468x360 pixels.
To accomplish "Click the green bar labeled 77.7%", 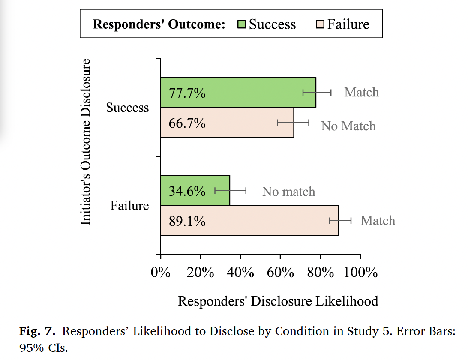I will (x=238, y=92).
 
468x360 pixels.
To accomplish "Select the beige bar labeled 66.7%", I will (x=227, y=123).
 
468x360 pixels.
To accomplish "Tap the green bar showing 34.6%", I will (x=195, y=190).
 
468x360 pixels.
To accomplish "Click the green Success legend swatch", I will (x=242, y=24).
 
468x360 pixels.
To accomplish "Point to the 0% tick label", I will (x=161, y=272).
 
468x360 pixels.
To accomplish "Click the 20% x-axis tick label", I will (x=201, y=272).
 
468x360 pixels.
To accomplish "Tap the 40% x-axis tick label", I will (x=240, y=272).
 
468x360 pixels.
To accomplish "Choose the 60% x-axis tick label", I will (x=280, y=272).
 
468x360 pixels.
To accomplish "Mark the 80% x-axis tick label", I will (x=320, y=272).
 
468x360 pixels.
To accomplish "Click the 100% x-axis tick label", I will (x=360, y=272).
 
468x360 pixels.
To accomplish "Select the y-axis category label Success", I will (x=127, y=108).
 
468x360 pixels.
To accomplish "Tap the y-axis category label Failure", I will (x=129, y=206).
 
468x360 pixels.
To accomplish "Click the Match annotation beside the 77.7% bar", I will (x=361, y=92).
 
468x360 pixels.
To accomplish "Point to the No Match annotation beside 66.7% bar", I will (x=348, y=126).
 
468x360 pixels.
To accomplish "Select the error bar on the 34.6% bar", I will (x=230, y=190).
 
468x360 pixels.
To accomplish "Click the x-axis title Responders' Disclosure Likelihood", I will (x=278, y=301).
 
